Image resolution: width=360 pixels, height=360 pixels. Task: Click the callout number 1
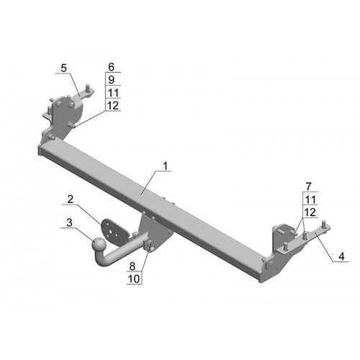pos(165,166)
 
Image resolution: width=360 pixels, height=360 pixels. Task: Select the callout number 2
pos(70,199)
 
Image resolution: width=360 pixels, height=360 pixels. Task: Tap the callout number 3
pos(69,222)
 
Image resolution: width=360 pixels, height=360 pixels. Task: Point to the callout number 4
pos(341,256)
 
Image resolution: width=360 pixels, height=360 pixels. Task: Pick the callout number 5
pos(63,68)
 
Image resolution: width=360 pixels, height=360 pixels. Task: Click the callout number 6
pos(111,67)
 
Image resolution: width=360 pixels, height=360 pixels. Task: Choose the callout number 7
pos(309,186)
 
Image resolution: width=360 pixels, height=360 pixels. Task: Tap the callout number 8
pos(132,266)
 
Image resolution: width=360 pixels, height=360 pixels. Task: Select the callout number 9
pos(111,80)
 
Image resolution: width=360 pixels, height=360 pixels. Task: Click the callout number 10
pos(134,279)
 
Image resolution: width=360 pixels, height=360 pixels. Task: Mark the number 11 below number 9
pos(113,93)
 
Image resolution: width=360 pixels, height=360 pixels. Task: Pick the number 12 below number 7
pos(310,212)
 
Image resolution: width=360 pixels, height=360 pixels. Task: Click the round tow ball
pos(99,244)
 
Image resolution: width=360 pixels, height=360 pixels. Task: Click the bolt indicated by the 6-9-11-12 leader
pos(72,125)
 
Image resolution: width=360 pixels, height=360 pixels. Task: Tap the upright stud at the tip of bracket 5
pos(89,88)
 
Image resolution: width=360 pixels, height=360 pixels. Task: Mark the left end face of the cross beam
pos(40,150)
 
